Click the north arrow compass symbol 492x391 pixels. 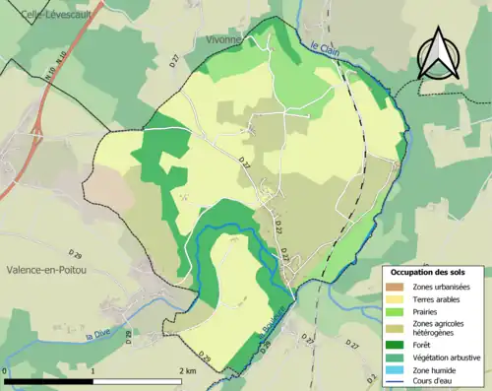coord(439,51)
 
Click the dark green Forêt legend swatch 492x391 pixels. coord(398,345)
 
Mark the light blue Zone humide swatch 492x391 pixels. coord(398,368)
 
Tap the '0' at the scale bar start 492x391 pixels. coord(7,370)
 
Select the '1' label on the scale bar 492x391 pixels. coord(92,370)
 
